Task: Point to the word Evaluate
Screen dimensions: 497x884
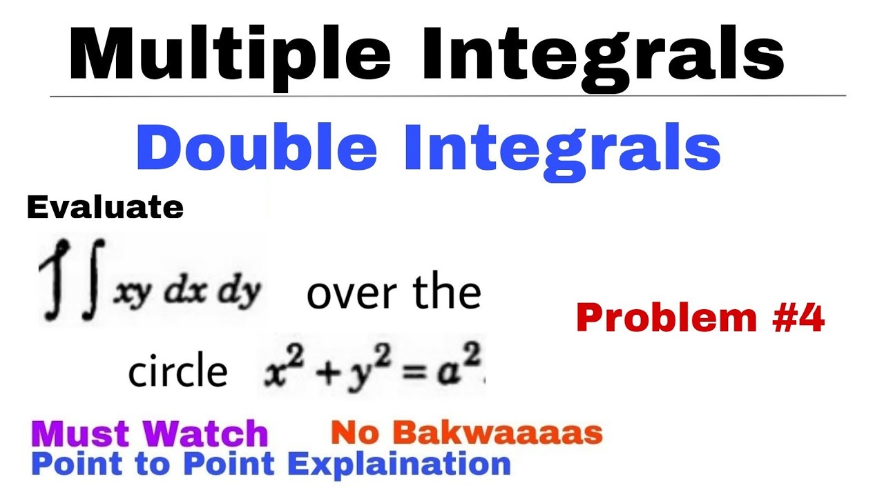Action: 105,207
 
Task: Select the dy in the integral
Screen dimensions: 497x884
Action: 239,293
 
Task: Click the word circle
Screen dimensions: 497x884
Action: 177,373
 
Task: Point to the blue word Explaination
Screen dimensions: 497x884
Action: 399,463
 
